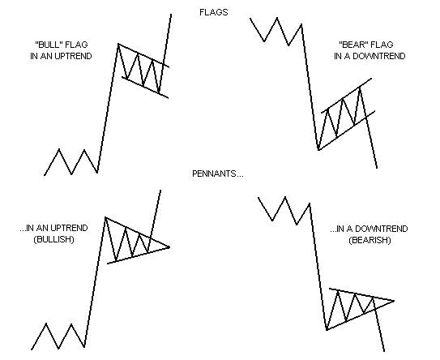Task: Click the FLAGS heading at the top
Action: (x=212, y=12)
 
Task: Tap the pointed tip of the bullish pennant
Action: (x=170, y=246)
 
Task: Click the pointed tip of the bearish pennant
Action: (x=394, y=301)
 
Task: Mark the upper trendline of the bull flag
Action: (x=144, y=55)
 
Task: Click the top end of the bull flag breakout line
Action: (x=172, y=15)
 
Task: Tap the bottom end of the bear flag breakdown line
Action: (x=377, y=168)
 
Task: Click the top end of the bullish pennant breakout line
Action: (x=160, y=191)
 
